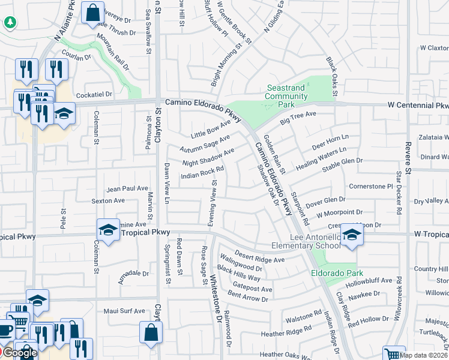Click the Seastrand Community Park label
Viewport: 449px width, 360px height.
click(286, 96)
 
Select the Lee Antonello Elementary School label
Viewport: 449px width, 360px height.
click(306, 241)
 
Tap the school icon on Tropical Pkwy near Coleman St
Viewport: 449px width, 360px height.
click(108, 230)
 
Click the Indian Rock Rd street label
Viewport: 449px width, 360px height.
click(203, 173)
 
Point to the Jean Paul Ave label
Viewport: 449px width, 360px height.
click(127, 188)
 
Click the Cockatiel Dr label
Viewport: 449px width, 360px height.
click(93, 94)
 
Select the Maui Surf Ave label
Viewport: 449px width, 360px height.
click(124, 311)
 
